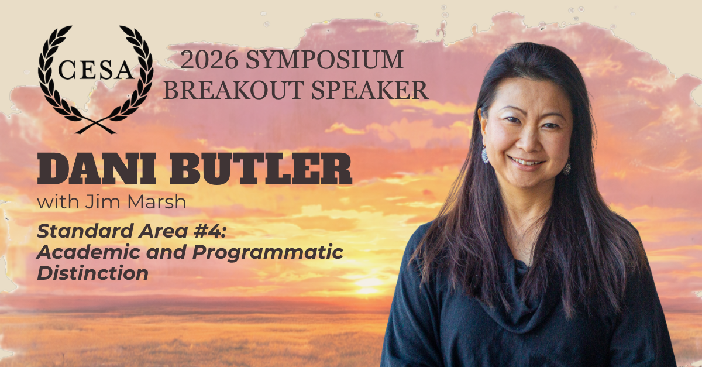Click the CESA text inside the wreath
[x=95, y=70]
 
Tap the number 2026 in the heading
[x=209, y=60]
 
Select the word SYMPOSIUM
[x=324, y=60]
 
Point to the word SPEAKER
[x=370, y=90]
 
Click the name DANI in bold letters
[x=97, y=169]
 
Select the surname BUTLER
[x=261, y=169]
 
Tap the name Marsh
[x=157, y=202]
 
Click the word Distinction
[x=93, y=273]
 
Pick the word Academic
[x=88, y=252]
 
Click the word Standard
[x=85, y=231]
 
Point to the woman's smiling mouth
[x=526, y=163]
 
